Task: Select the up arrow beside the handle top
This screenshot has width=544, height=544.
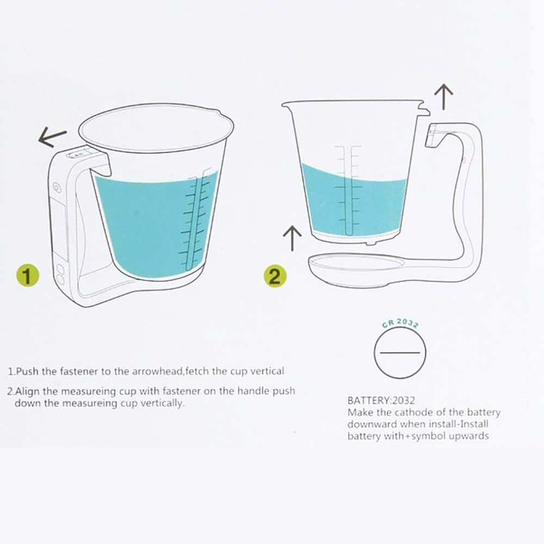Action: tap(446, 97)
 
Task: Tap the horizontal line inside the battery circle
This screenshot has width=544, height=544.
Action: tap(400, 353)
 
